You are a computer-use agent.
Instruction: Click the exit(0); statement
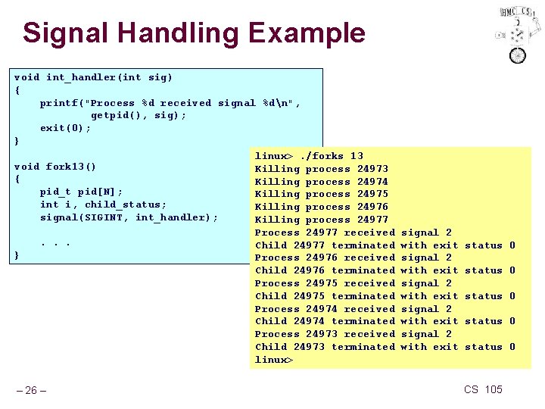66,128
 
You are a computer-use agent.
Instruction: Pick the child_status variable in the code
126,204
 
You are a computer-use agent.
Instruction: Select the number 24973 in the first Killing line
372,169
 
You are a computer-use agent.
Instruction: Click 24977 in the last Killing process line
372,220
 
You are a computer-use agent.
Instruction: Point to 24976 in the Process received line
322,258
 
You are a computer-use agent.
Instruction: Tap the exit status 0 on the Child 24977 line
512,245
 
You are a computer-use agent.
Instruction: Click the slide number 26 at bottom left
31,391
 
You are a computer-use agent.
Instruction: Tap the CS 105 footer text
483,389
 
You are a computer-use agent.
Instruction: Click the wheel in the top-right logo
518,55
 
